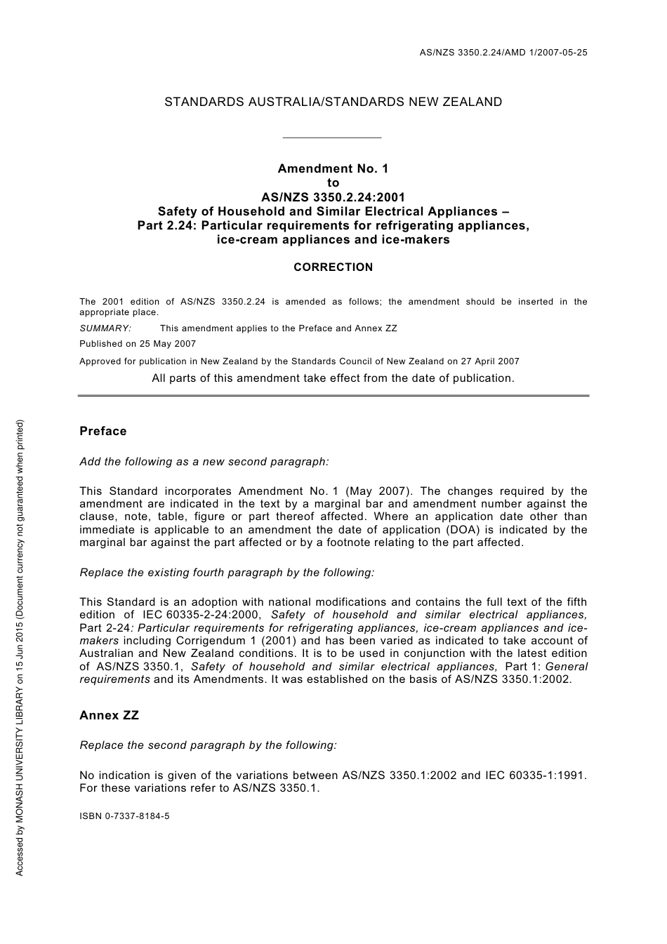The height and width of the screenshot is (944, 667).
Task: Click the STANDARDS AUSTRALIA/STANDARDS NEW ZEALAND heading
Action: click(333, 102)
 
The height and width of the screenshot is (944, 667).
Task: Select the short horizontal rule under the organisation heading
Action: click(331, 138)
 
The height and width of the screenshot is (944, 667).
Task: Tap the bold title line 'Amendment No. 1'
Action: click(333, 168)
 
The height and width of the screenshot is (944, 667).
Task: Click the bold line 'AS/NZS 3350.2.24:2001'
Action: click(333, 197)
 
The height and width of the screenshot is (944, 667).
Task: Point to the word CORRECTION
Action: click(333, 267)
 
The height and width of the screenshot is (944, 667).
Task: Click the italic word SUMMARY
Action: click(105, 328)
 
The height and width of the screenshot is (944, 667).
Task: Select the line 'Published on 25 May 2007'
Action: click(138, 344)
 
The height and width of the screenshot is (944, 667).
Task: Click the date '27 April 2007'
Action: click(490, 361)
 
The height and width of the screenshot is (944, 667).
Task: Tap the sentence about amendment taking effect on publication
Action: click(333, 378)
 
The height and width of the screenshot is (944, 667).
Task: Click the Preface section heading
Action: click(103, 431)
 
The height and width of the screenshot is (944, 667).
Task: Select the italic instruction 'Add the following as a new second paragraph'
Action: click(204, 462)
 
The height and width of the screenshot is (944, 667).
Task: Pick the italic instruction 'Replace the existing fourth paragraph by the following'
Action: click(227, 573)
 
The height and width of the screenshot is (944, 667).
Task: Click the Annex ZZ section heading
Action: click(110, 715)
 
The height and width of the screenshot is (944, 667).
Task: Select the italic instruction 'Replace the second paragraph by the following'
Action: click(209, 745)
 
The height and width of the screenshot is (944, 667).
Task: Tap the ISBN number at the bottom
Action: click(124, 816)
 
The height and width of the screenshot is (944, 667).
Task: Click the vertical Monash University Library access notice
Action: click(20, 647)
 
